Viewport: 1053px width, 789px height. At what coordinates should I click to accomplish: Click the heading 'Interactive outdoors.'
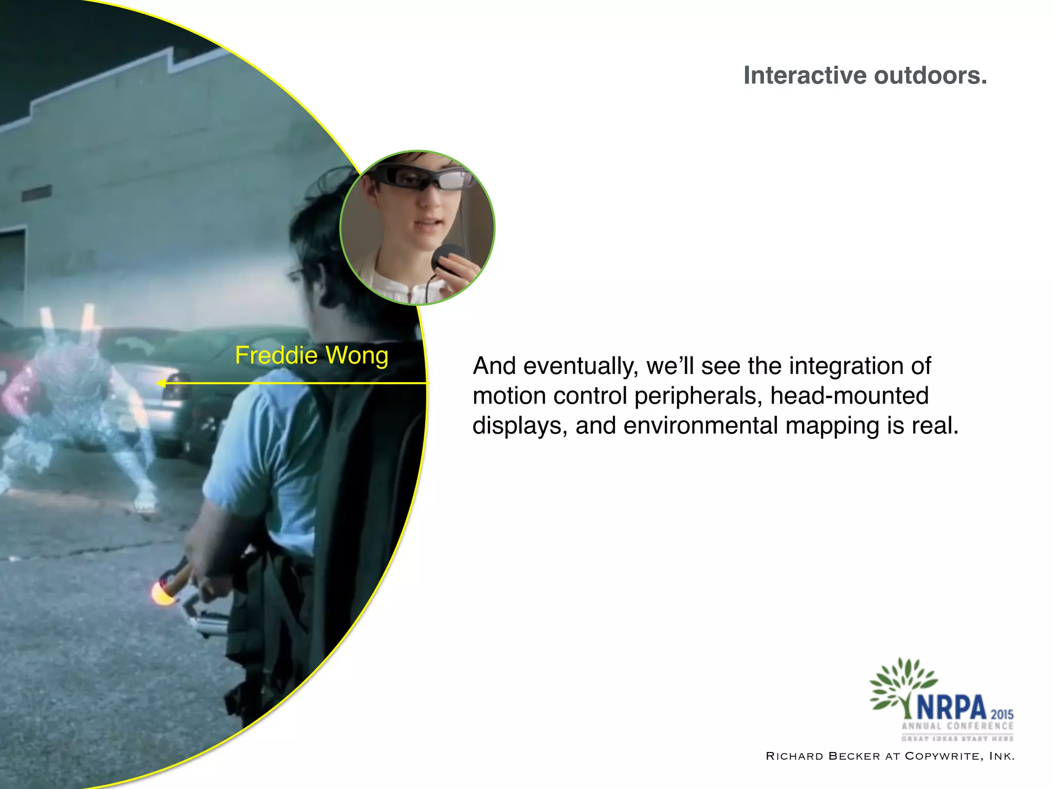[x=865, y=76]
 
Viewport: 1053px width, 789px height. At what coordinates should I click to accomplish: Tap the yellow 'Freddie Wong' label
[x=312, y=355]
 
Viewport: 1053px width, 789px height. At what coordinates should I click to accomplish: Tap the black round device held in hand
[x=448, y=257]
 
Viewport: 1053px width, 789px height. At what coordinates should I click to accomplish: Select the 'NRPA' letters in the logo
[x=951, y=708]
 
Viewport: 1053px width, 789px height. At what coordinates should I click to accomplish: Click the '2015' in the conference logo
[x=1002, y=714]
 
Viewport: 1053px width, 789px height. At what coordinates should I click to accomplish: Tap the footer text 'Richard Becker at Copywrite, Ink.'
[x=890, y=756]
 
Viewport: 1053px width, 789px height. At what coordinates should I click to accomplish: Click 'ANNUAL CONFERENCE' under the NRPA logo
[x=957, y=726]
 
